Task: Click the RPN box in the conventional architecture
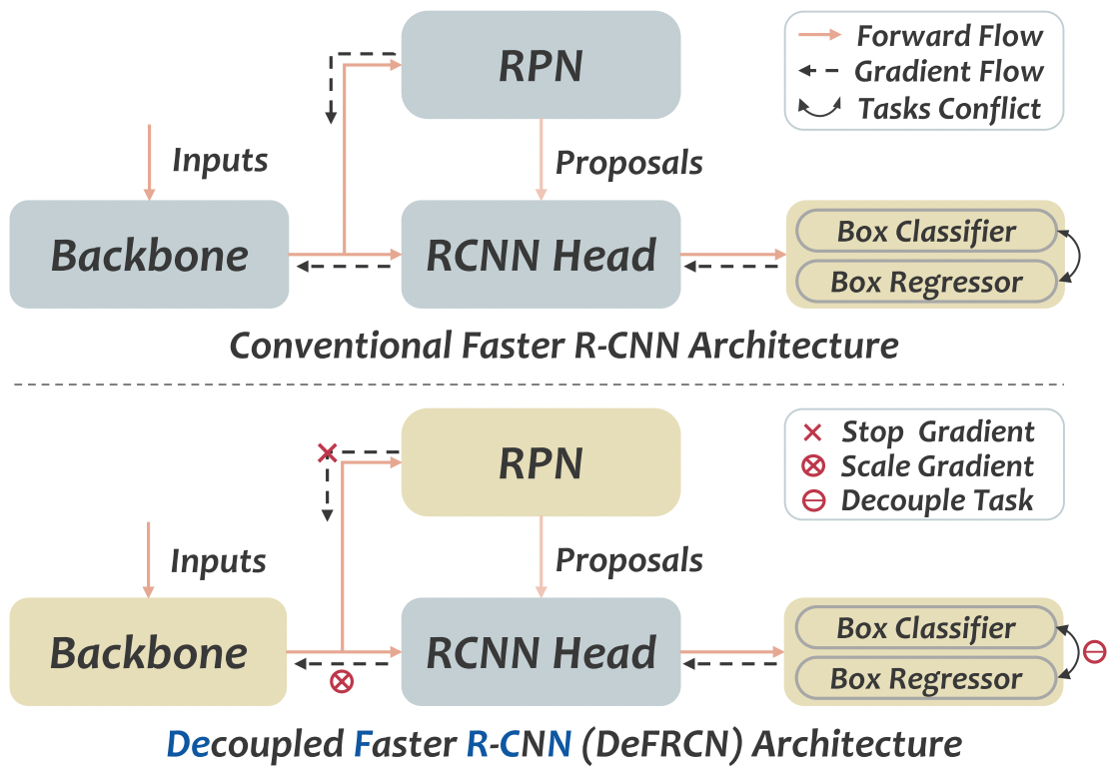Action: click(x=541, y=65)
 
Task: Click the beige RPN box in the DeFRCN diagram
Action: click(x=541, y=462)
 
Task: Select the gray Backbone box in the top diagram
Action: click(x=149, y=255)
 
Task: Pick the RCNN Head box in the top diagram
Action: click(x=541, y=255)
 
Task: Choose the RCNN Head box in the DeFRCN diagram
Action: click(x=541, y=652)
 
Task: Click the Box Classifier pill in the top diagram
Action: click(x=925, y=231)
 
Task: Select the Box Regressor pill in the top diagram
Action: click(x=925, y=282)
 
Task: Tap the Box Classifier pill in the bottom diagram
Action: click(x=925, y=628)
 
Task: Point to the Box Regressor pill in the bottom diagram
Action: click(x=925, y=679)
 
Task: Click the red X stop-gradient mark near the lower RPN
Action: click(x=325, y=453)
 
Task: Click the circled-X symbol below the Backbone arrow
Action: click(x=343, y=682)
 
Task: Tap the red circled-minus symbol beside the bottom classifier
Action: click(x=1094, y=653)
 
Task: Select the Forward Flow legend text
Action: click(x=949, y=37)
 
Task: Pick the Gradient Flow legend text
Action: click(x=949, y=72)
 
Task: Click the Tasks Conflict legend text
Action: click(x=949, y=108)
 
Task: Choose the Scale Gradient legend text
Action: click(x=937, y=465)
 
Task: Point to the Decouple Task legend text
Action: click(x=937, y=500)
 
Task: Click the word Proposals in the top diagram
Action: click(x=628, y=162)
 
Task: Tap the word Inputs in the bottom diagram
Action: click(x=218, y=561)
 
